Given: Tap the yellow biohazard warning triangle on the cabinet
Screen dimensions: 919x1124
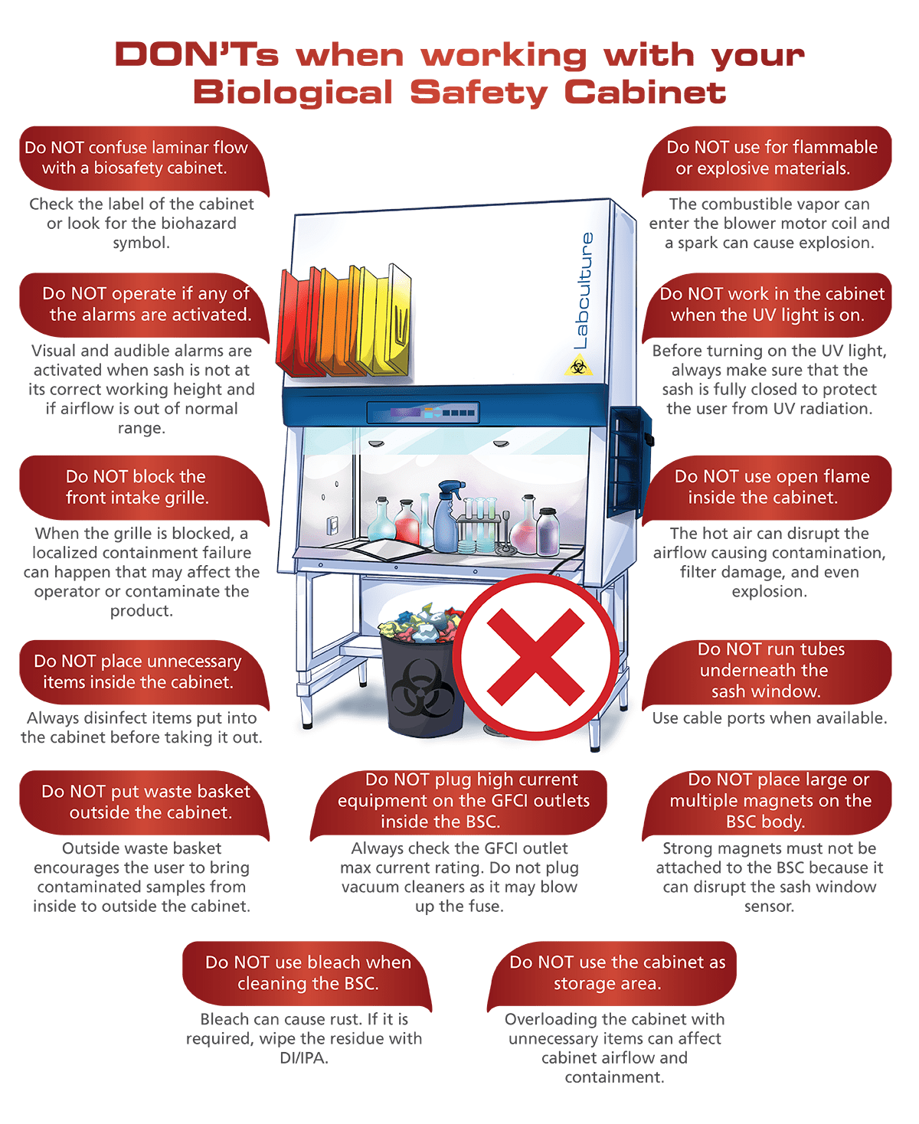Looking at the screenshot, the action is [x=578, y=366].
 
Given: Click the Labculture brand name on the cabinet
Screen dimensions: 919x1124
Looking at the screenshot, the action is [x=583, y=291].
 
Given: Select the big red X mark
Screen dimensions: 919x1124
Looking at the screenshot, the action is [x=536, y=657].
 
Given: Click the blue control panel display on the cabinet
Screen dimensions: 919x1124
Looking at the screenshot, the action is [x=423, y=412].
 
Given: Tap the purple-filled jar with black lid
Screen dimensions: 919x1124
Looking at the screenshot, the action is [x=548, y=531].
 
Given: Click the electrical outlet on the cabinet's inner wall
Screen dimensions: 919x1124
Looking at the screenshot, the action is [x=332, y=525].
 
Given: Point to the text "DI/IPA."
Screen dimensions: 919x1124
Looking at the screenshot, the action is [x=304, y=1057].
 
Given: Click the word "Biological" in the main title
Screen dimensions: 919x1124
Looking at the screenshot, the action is [x=293, y=92].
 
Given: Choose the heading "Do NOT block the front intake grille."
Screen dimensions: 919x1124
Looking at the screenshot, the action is [x=137, y=487].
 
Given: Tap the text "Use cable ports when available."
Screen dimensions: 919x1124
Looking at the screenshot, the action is [x=769, y=718].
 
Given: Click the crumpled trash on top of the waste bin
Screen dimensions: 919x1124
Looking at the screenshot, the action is [x=421, y=623].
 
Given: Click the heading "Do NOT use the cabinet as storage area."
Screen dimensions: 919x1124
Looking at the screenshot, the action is [x=617, y=972].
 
